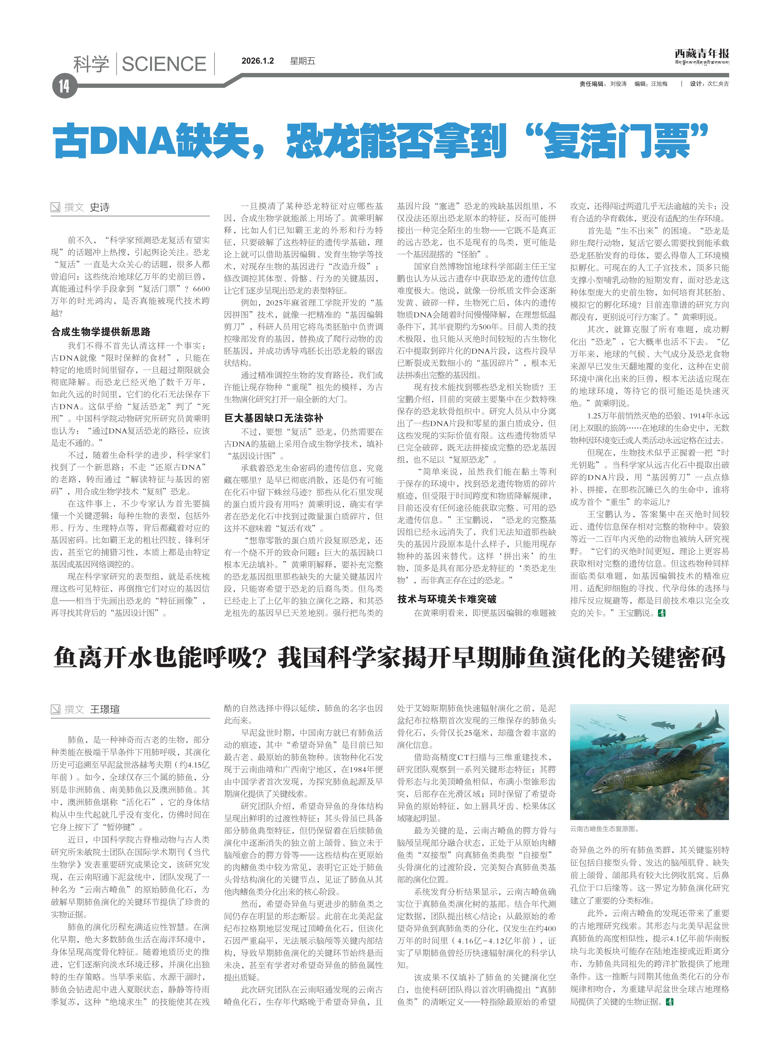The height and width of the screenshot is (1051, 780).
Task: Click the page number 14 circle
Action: tap(64, 86)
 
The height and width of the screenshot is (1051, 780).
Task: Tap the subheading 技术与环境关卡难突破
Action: tap(447, 599)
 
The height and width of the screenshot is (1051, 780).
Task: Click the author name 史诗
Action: tap(100, 207)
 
